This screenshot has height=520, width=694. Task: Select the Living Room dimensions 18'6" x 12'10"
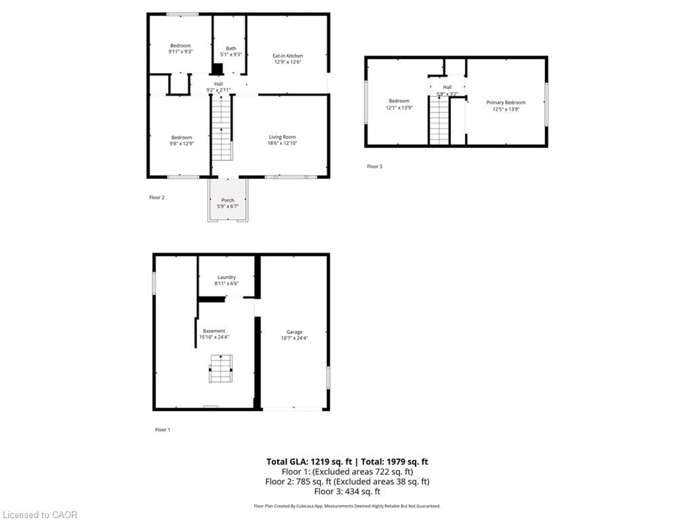pos(282,143)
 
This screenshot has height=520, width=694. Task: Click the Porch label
pos(228,200)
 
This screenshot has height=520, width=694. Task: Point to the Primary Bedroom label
pos(506,103)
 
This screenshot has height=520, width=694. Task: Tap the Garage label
pos(294,332)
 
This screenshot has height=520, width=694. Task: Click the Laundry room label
pos(226,277)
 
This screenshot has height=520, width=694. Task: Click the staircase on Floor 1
pos(221,369)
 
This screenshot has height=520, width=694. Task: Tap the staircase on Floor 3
pos(439,121)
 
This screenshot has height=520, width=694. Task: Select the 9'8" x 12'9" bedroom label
pos(182,140)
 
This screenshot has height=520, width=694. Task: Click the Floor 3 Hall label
pos(447,87)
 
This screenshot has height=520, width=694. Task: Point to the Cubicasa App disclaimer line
pos(347,506)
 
